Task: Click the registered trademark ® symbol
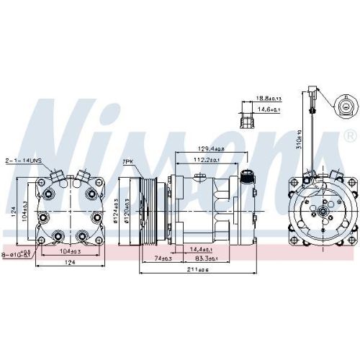[350, 135]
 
